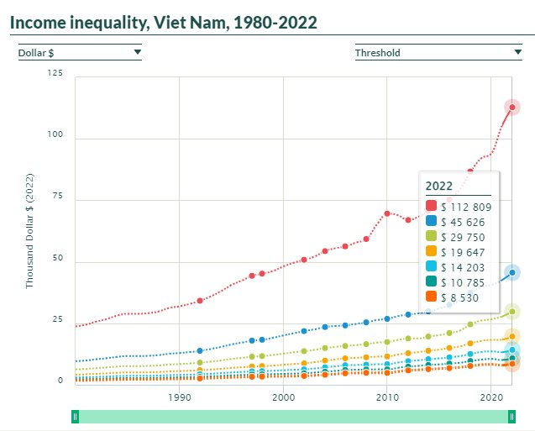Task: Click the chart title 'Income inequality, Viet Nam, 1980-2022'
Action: coord(165,22)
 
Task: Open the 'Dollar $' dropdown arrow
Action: coord(137,52)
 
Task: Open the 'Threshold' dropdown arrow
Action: coord(517,52)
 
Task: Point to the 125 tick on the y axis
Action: coord(55,73)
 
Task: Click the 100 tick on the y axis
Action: coord(55,138)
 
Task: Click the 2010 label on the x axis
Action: coord(386,397)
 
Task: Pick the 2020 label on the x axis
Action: coord(490,397)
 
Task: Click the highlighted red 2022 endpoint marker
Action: coord(512,107)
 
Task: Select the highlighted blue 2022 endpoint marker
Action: coord(512,272)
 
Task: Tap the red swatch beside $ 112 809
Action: coord(431,207)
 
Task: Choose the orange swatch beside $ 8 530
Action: coord(431,297)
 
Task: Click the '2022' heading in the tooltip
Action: coord(439,186)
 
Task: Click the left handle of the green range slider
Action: coord(76,416)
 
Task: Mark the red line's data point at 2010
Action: coord(386,213)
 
